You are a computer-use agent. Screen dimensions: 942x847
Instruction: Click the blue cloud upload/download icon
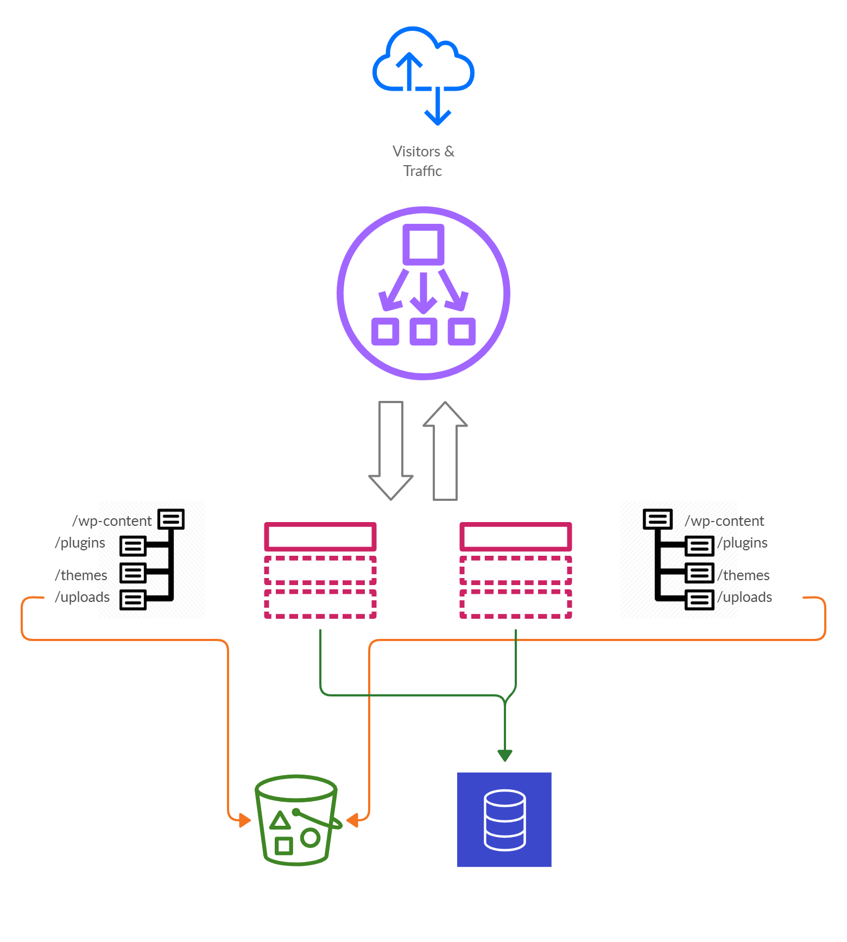tap(423, 76)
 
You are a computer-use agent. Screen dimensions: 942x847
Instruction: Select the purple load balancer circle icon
tap(423, 293)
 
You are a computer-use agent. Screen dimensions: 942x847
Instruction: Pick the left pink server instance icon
tap(320, 570)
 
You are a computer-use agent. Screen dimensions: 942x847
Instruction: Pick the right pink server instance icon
tap(515, 570)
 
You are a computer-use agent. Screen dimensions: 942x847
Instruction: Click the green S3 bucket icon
tap(298, 820)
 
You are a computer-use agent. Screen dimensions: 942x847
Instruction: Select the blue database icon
tap(504, 820)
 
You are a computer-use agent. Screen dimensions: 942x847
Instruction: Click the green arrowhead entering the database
tap(505, 755)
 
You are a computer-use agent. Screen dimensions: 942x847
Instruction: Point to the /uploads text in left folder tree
tap(82, 597)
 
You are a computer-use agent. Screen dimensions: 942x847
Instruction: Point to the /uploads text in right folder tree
tap(745, 597)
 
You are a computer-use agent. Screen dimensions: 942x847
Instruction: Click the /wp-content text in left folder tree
tap(112, 521)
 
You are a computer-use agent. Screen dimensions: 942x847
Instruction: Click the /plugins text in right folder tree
tap(743, 543)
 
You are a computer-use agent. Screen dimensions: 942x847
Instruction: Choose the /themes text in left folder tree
tap(81, 575)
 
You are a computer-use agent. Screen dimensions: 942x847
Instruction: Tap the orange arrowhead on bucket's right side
tap(353, 820)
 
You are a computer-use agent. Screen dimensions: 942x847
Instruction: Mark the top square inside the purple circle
tap(423, 244)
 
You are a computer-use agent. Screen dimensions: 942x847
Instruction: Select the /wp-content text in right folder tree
tap(725, 521)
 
